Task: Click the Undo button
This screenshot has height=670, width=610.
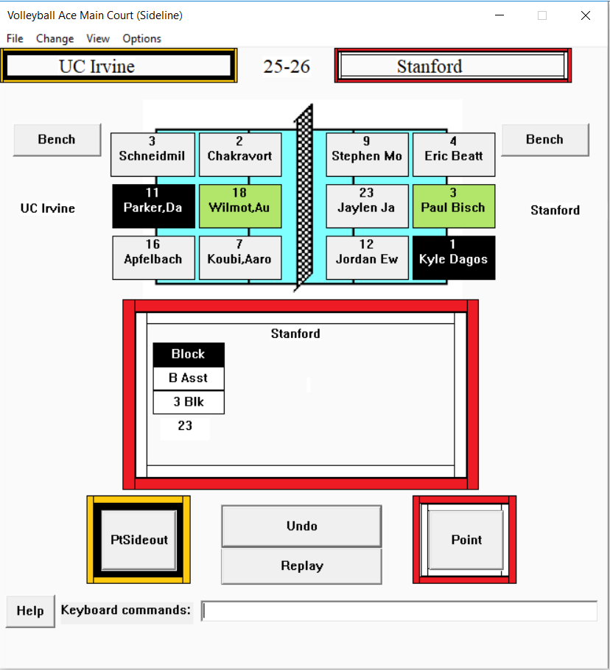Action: tap(301, 526)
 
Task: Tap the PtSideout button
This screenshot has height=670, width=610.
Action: tap(139, 540)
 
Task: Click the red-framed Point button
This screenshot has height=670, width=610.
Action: tap(466, 540)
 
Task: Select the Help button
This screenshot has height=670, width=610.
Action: tap(30, 611)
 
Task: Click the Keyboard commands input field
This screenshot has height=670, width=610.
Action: tap(399, 611)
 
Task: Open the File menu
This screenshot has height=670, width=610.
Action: tap(15, 38)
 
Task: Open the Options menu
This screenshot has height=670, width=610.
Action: tap(142, 38)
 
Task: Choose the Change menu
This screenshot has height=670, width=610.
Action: tap(55, 38)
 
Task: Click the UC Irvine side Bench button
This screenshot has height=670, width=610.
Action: tap(57, 140)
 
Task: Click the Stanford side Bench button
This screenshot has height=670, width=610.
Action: tap(545, 140)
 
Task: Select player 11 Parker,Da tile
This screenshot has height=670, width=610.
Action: tap(153, 206)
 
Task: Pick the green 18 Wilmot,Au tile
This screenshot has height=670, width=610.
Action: tap(240, 206)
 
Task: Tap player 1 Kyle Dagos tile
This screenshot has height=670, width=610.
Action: tap(454, 258)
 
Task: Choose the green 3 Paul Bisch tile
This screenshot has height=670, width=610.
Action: tap(454, 206)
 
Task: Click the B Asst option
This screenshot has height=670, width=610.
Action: tap(189, 378)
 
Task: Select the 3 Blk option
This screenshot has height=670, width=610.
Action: tap(189, 402)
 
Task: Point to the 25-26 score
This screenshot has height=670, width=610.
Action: tap(287, 66)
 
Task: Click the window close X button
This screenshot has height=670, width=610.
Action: tap(586, 15)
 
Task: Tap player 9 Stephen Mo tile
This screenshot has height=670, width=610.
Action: tap(367, 155)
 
